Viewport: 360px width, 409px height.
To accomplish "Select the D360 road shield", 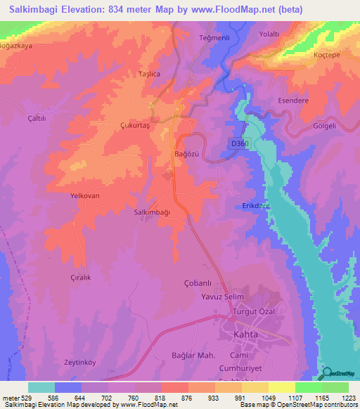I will (238, 143).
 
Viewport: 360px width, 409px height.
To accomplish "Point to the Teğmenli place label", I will (215, 37).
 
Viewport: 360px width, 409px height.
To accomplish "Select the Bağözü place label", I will (186, 153).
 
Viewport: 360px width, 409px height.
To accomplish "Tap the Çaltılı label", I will (36, 119).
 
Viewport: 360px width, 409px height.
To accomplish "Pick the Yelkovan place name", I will (85, 196).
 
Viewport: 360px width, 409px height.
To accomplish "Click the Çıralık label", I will (80, 278).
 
